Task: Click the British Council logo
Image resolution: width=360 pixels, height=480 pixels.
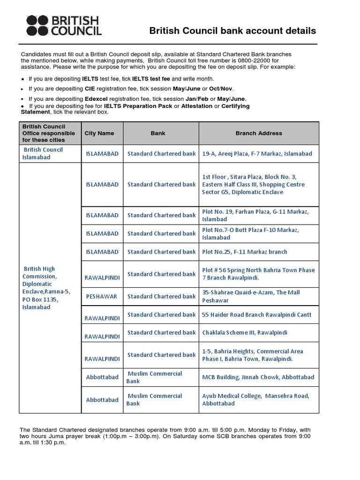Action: (x=63, y=25)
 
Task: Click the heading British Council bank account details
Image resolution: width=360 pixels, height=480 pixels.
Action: (x=232, y=31)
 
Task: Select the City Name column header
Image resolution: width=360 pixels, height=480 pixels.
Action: (x=99, y=133)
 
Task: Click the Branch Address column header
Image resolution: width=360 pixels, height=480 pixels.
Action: (x=259, y=133)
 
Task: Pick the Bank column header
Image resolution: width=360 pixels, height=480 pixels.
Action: (x=158, y=133)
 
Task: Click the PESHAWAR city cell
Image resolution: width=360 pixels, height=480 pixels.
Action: (x=101, y=297)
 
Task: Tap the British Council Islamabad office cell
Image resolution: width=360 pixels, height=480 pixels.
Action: (x=43, y=153)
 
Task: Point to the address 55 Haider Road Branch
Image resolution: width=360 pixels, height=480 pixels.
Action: (x=256, y=315)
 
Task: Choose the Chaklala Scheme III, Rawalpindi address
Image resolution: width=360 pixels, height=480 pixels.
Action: (x=244, y=333)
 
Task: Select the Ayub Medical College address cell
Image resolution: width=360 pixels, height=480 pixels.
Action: (x=255, y=399)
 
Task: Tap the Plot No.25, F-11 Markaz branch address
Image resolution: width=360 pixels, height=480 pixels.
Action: (x=245, y=252)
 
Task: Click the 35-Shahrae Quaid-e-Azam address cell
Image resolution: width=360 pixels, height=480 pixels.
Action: (x=251, y=296)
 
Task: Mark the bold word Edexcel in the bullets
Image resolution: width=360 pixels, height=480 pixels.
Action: (x=96, y=99)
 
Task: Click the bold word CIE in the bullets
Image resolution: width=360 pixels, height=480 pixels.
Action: (x=90, y=89)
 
